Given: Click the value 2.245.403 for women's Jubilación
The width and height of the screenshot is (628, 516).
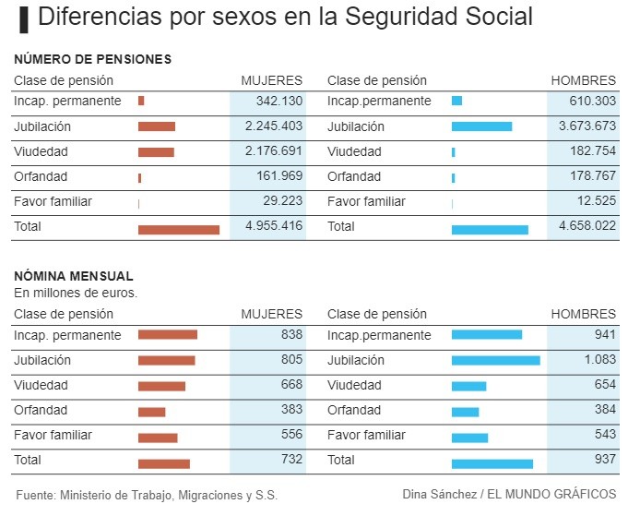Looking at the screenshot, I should [274, 126].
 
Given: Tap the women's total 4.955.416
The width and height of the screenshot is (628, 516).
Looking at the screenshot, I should [274, 225].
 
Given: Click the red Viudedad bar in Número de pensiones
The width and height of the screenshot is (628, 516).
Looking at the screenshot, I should [156, 152].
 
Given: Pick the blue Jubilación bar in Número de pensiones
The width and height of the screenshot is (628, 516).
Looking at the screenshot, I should [481, 126].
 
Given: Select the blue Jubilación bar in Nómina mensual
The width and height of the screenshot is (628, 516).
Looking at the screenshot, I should [495, 361].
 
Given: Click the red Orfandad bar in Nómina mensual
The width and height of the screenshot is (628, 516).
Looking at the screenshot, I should [151, 412].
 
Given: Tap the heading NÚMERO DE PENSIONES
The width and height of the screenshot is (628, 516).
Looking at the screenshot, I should [92, 59].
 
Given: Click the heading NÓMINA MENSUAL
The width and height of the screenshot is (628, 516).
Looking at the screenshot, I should [74, 275].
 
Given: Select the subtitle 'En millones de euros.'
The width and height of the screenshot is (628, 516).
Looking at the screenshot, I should [76, 293].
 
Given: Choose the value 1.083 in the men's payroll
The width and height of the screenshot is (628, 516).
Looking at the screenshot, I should [599, 360].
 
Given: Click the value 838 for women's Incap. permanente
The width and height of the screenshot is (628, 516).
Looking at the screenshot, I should [291, 335].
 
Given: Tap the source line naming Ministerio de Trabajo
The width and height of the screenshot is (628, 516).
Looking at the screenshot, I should [146, 495].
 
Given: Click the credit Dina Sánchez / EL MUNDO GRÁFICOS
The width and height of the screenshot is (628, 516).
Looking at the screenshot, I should [509, 494].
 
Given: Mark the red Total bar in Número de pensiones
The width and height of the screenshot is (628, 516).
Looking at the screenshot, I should [178, 230].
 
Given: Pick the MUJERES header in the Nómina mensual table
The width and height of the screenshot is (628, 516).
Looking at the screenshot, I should [271, 314].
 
